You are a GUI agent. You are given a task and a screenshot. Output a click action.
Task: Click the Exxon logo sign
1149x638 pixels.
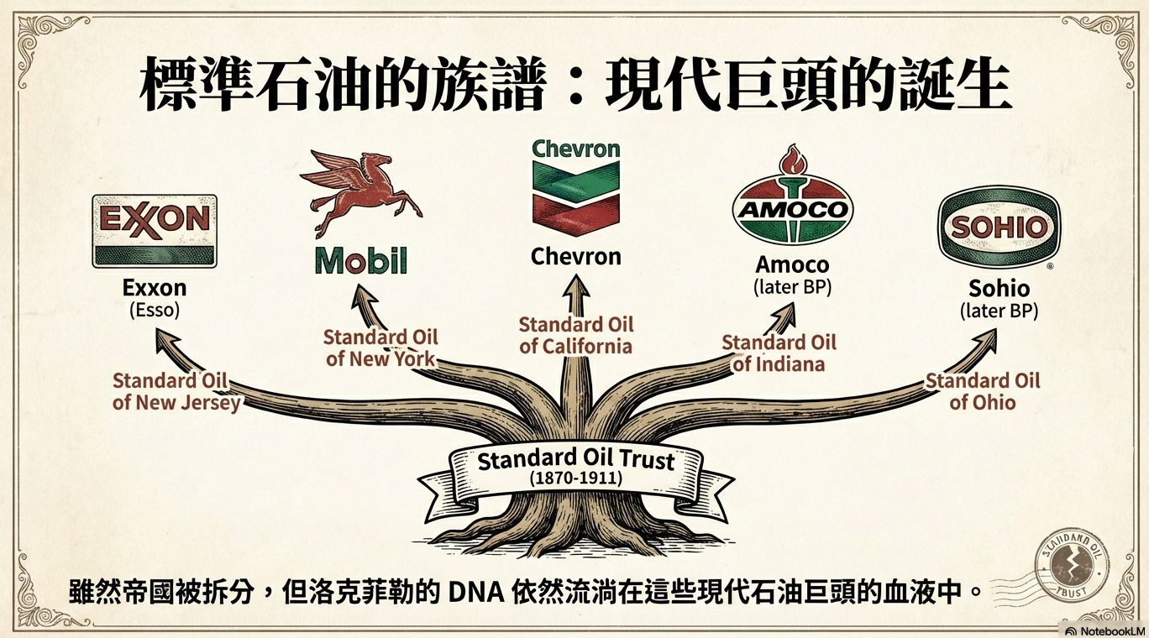(x=154, y=230)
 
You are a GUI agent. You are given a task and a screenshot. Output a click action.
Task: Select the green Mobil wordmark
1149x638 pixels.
(x=361, y=261)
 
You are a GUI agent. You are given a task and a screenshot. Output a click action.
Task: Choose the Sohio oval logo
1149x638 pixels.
(x=999, y=227)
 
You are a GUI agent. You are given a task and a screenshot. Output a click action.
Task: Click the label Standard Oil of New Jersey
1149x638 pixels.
(x=176, y=391)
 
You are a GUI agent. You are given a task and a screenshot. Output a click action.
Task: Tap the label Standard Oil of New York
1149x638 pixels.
(x=380, y=348)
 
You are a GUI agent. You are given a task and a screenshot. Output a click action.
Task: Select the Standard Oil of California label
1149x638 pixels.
(x=576, y=335)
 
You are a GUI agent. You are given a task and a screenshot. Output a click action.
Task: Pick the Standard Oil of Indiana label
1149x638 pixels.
(x=779, y=353)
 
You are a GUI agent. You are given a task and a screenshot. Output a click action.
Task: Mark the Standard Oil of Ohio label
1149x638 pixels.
(x=983, y=391)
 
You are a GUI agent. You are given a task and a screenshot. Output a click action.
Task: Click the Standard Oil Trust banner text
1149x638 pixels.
(x=576, y=460)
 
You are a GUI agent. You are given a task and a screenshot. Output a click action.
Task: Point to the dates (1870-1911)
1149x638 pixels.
(x=576, y=478)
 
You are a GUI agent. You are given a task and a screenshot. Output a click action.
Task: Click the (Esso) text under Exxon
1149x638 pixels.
(x=155, y=311)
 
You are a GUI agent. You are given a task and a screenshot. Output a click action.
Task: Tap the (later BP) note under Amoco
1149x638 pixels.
(x=792, y=286)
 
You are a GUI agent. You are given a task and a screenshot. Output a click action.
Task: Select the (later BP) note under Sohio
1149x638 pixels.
(x=999, y=311)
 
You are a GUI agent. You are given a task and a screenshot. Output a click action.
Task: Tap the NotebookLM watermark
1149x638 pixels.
(x=1104, y=630)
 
